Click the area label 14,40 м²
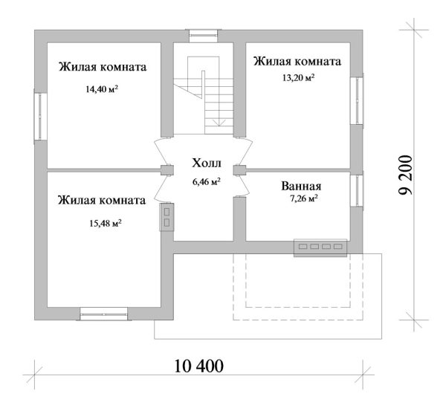pos(102,89)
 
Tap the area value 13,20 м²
pos(298,77)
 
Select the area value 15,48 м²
pos(106,223)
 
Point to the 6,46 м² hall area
pos(207,181)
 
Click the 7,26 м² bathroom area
pos(303,198)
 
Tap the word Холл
pos(207,163)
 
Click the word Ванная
pos(301,187)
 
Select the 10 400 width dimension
pos(198,366)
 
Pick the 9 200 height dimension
pos(405,175)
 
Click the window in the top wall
pos(204,36)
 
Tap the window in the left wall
pos(40,117)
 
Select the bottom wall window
pos(104,314)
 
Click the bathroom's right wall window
pos(357,190)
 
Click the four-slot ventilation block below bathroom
pos(320,247)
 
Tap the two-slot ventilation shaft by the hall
pos(167,217)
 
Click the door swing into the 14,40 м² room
pos(161,152)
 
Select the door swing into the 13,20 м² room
pos(245,152)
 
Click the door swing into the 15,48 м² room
pos(161,188)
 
